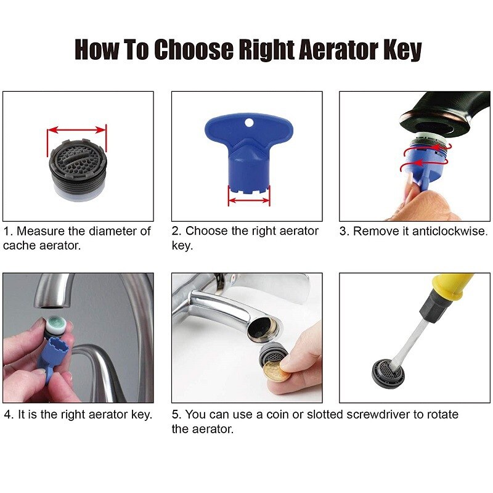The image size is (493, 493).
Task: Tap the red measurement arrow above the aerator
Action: (77, 130)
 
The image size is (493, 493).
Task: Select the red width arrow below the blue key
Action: (249, 200)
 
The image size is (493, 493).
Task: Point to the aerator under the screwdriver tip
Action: (392, 370)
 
